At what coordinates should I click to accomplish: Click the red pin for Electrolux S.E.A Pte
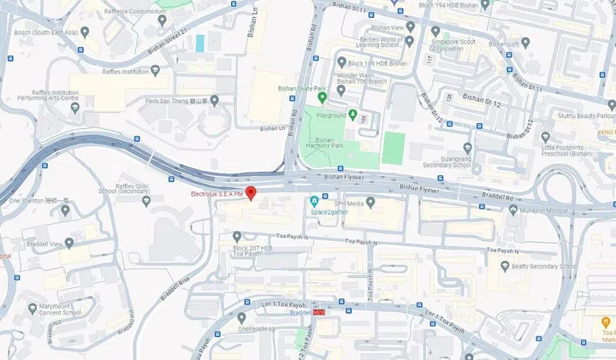click(x=251, y=192)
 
